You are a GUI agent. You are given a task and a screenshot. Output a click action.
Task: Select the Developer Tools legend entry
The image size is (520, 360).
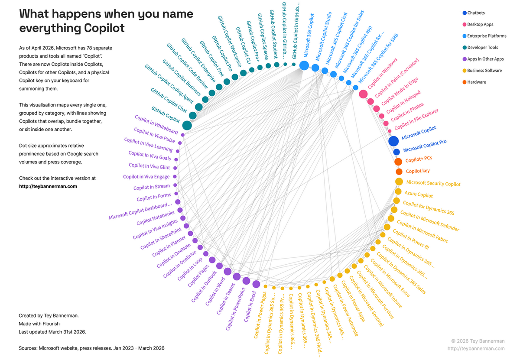[x=482, y=47]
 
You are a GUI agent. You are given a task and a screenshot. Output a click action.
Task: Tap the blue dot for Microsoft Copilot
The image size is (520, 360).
[x=393, y=141]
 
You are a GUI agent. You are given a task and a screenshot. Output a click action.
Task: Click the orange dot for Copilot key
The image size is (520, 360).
[x=399, y=172]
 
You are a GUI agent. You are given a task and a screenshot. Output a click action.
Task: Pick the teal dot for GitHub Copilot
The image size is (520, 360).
[x=187, y=125]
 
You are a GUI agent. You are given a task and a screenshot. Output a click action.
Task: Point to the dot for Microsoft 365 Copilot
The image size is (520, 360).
[x=304, y=66]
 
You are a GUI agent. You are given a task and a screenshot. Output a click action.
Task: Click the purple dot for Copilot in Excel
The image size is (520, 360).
[x=256, y=284]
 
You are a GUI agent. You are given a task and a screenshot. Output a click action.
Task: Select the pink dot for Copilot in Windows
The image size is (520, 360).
[x=363, y=94]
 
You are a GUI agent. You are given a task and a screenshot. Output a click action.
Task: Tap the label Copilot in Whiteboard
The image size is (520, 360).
[x=156, y=124]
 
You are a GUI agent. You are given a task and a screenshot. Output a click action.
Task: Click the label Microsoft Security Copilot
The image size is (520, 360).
[x=433, y=183]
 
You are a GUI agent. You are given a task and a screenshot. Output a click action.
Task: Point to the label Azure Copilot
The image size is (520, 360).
[x=419, y=195]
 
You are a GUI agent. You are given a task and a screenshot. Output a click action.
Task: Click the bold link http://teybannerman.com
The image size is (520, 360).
[x=48, y=186]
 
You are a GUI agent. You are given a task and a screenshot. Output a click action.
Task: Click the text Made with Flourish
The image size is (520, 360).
[x=39, y=324]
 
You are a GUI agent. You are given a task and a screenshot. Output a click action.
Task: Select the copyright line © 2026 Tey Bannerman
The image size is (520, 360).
[x=478, y=341]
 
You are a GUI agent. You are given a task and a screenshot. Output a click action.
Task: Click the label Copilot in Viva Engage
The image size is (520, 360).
[x=146, y=177]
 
